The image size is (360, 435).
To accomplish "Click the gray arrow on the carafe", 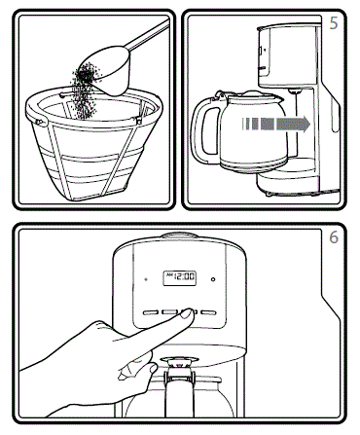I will click(x=281, y=125).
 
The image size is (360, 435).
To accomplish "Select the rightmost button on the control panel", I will click(x=208, y=314).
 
